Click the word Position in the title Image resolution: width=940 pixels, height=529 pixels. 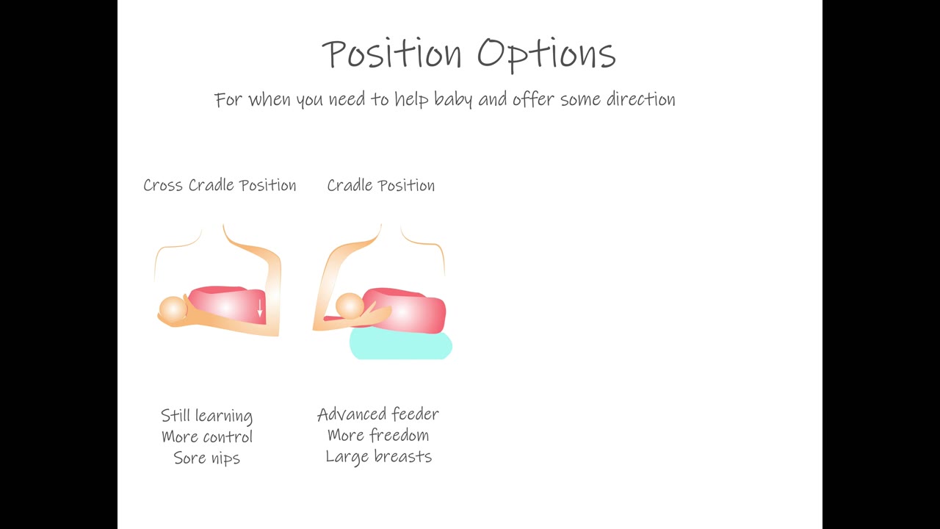392,53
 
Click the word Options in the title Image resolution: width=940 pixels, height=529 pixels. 546,54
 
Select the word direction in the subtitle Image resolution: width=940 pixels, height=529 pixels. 641,99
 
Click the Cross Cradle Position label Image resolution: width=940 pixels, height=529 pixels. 220,185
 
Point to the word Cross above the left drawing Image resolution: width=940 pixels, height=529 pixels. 163,185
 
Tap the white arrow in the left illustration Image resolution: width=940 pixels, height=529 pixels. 260,308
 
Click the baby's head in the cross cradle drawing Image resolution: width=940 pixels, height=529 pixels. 173,310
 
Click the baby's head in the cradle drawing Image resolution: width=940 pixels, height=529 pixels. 350,306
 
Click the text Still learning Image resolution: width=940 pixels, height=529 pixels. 207,416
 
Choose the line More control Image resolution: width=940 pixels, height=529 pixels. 207,436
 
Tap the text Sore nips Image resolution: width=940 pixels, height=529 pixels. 207,458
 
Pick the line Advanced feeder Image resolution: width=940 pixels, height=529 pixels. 378,414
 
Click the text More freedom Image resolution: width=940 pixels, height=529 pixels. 378,435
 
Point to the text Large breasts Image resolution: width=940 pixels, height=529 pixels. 378,457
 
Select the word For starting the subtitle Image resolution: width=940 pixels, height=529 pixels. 228,100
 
